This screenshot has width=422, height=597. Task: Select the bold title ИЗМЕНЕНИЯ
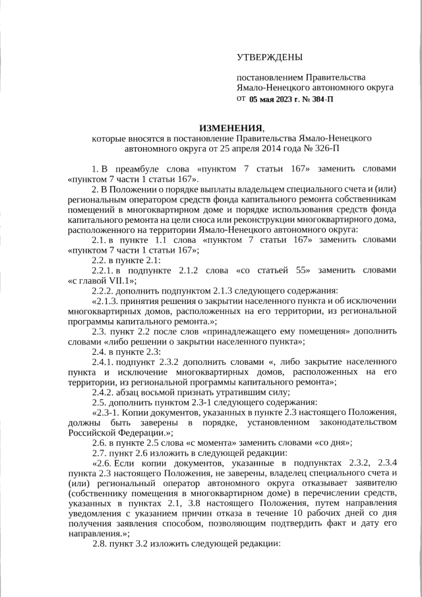click(231, 127)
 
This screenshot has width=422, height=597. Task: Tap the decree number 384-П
click(319, 100)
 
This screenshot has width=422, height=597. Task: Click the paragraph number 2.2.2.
click(104, 290)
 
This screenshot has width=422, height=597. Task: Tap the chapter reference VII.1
click(116, 280)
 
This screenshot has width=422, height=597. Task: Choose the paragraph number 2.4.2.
click(104, 391)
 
